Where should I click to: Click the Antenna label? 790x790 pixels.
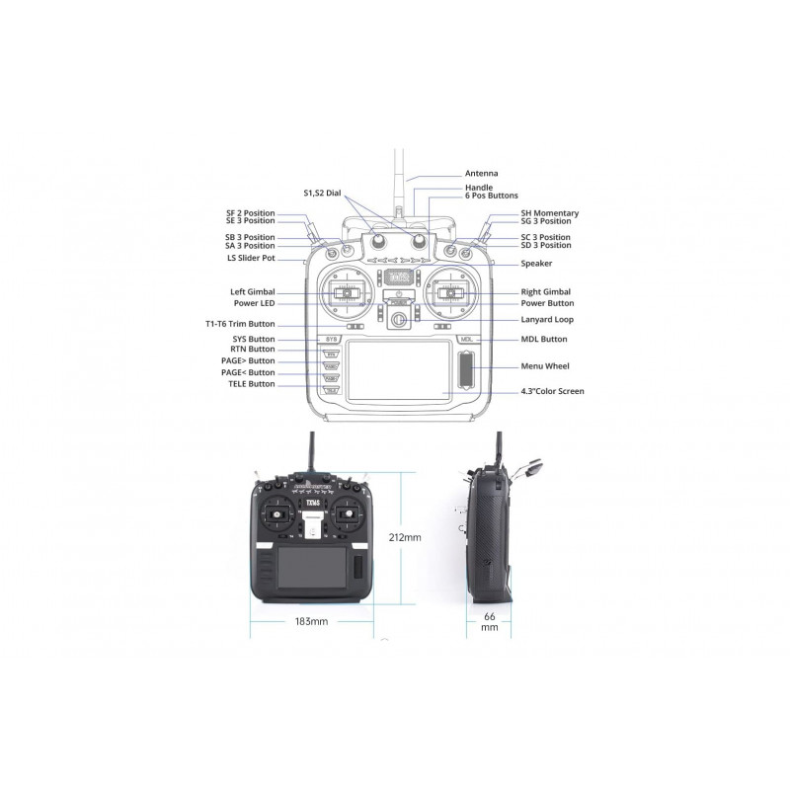point(481,174)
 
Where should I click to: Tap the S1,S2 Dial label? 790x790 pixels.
point(322,193)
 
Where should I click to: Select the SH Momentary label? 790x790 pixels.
point(550,213)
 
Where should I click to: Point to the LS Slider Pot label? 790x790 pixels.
point(251,258)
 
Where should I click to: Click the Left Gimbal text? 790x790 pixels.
point(253,291)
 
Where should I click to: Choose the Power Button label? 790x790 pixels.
point(547,303)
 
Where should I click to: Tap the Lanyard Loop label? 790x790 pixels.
point(547,319)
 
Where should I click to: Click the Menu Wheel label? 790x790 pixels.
point(545,366)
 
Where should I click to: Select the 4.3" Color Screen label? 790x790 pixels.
point(552,391)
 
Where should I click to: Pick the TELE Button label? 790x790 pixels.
point(252,384)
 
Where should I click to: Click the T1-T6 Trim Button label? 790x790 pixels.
point(240,324)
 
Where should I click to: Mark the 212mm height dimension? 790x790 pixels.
point(405,537)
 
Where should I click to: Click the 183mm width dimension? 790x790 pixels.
point(311,621)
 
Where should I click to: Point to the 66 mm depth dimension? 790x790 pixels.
point(489,622)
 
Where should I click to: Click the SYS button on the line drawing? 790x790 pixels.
point(331,340)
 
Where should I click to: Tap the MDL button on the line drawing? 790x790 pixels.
point(466,340)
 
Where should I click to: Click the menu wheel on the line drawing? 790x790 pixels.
point(466,370)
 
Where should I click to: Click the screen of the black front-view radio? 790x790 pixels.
point(312,567)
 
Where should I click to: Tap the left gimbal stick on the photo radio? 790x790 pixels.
point(276,514)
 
